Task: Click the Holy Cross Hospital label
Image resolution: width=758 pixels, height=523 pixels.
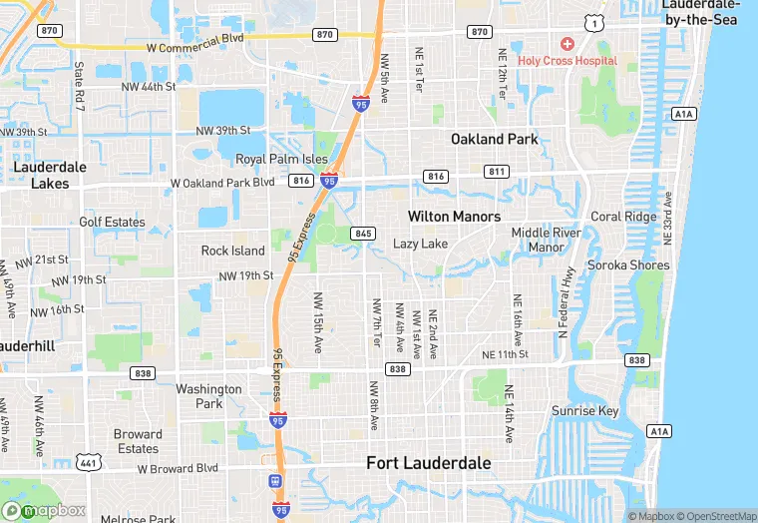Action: (x=568, y=61)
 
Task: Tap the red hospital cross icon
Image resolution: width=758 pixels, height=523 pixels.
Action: (x=567, y=44)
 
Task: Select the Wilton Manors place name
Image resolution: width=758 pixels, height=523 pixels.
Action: (x=454, y=216)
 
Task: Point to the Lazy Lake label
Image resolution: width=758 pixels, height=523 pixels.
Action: (x=420, y=244)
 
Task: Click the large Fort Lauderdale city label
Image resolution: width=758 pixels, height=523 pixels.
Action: (x=428, y=463)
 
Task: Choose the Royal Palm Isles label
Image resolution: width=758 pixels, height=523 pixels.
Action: (x=281, y=160)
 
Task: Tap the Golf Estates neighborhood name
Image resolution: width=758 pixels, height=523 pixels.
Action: (x=112, y=223)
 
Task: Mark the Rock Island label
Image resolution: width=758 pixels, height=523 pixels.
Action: (x=233, y=251)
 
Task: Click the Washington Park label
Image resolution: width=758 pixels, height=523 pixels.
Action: (x=208, y=396)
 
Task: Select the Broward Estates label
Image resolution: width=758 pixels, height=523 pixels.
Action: (x=138, y=441)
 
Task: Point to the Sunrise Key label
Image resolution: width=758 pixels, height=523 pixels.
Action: (x=586, y=411)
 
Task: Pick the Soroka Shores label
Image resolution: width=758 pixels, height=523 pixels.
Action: (x=627, y=265)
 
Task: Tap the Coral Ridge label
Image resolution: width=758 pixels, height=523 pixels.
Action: (x=623, y=217)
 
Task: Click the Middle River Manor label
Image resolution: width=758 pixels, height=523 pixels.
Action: (x=546, y=240)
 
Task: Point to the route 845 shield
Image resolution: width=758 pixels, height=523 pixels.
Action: (x=363, y=234)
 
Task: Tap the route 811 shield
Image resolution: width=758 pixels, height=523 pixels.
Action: (x=497, y=172)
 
